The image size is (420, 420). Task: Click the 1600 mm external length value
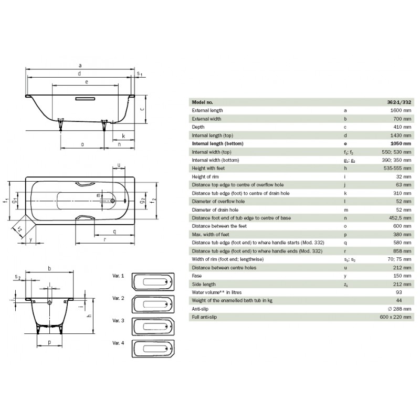click(x=401, y=110)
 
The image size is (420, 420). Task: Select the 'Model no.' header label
click(x=202, y=102)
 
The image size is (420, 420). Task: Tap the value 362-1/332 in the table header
click(x=399, y=102)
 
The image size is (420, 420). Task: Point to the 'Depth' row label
click(x=198, y=127)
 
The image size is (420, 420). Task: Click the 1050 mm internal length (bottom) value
click(x=401, y=143)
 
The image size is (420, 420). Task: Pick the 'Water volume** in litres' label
click(x=216, y=292)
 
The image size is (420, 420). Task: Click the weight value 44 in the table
click(x=398, y=300)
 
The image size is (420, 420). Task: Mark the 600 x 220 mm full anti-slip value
click(x=395, y=317)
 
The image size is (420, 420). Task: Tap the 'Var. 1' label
click(x=118, y=276)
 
